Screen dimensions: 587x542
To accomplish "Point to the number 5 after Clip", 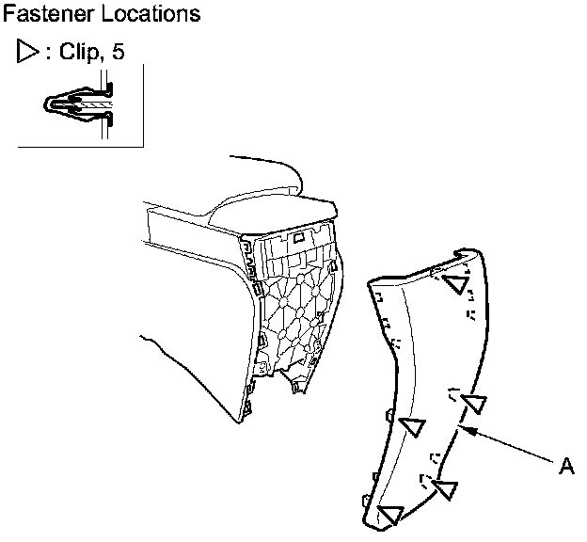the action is pyautogui.click(x=117, y=53).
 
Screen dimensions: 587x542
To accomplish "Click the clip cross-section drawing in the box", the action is pyautogui.click(x=79, y=106).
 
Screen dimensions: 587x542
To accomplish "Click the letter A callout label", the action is pyautogui.click(x=566, y=465).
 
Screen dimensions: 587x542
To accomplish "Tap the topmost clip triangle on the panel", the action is pyautogui.click(x=457, y=282).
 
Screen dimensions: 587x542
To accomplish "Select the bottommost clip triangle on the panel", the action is pyautogui.click(x=390, y=514).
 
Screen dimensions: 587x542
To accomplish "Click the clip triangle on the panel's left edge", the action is pyautogui.click(x=412, y=425).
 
